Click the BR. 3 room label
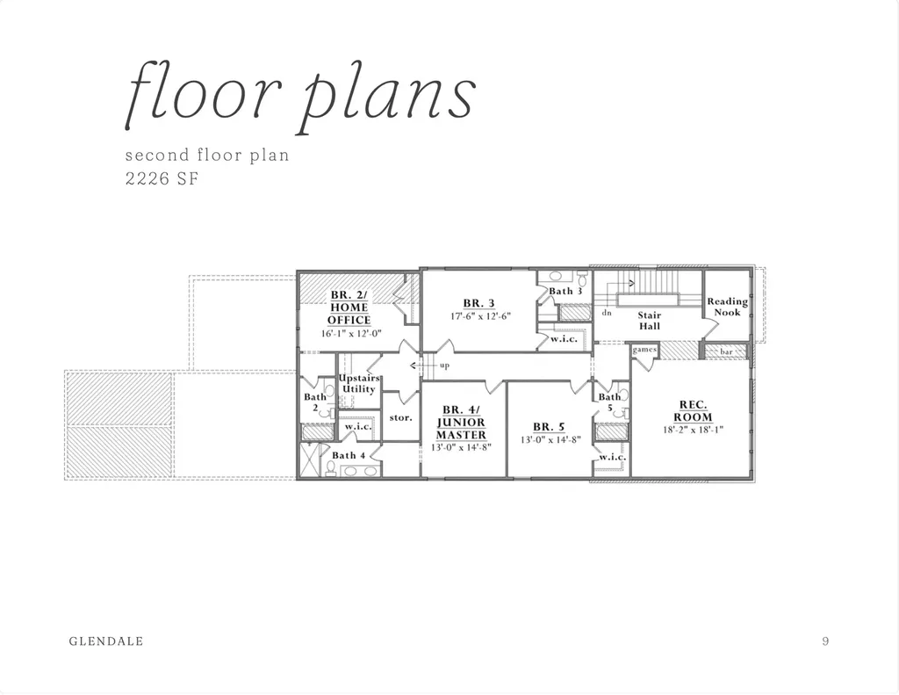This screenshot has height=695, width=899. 478,304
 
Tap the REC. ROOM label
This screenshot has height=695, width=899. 694,411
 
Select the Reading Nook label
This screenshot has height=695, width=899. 727,307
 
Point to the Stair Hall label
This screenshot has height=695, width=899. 650,320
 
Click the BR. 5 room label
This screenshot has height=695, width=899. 549,426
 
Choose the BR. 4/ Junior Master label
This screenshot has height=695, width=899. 461,423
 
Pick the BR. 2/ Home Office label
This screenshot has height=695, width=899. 349,308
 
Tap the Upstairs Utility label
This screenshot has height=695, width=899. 359,383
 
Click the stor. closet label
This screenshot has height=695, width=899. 400,417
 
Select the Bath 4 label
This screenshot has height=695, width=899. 349,455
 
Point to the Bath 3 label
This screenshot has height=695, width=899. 565,291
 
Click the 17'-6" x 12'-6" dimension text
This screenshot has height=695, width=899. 480,315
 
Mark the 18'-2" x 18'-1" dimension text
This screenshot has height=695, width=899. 694,430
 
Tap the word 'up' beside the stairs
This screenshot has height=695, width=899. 444,366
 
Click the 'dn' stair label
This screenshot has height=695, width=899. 607,313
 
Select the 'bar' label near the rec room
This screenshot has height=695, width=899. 726,351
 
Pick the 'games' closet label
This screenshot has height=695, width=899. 644,349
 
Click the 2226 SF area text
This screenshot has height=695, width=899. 162,178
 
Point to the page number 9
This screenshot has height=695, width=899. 825,641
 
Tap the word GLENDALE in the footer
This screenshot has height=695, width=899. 106,641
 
